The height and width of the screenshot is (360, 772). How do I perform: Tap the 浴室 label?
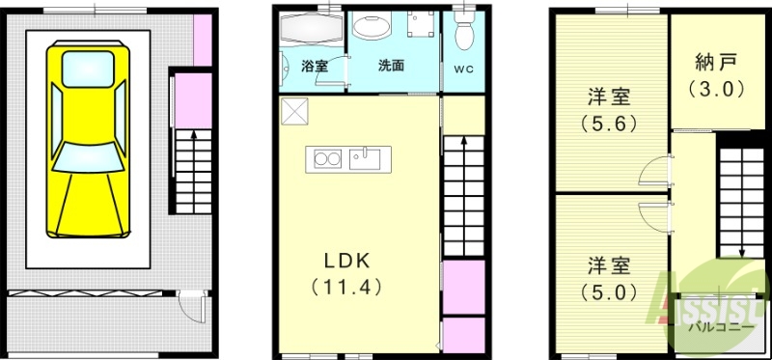tap(315, 67)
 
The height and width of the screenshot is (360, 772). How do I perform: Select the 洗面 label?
tap(391, 67)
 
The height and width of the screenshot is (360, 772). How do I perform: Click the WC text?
tap(463, 70)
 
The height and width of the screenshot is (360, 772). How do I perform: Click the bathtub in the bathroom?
tap(310, 30)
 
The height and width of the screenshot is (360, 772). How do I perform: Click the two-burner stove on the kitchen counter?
tap(323, 158)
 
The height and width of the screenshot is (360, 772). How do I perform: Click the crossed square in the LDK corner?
tap(294, 112)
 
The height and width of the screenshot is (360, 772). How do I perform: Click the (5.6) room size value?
tap(609, 123)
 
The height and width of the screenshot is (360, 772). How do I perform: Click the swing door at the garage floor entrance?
tap(192, 311)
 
